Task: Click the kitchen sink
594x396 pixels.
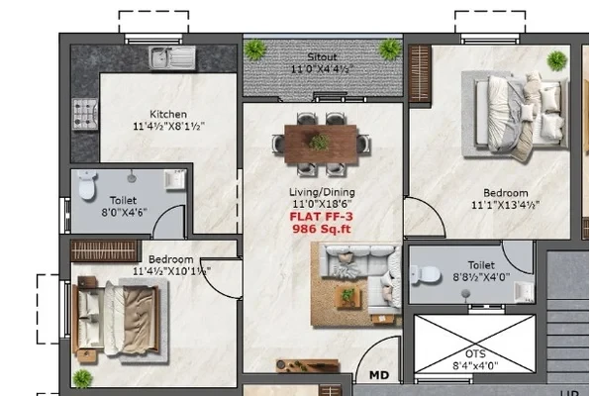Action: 172,58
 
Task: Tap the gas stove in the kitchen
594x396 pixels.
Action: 85,114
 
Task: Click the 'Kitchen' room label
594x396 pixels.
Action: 168,114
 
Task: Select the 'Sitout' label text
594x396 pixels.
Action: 322,57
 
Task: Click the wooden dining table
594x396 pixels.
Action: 321,145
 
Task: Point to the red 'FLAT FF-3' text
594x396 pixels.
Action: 321,217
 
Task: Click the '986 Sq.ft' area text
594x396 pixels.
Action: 321,229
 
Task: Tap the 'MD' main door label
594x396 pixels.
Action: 379,375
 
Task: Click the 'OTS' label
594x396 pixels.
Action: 475,354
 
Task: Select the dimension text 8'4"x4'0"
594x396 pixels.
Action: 475,366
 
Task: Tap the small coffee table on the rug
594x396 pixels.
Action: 348,296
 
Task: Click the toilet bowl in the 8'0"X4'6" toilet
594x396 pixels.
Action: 87,186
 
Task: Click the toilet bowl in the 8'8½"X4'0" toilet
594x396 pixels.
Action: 427,274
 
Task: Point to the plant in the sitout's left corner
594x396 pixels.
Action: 255,49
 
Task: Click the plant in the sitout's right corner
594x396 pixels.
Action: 390,49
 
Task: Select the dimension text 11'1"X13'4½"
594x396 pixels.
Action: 505,205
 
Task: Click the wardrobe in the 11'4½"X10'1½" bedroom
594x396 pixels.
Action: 103,250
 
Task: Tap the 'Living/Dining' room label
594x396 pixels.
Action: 322,192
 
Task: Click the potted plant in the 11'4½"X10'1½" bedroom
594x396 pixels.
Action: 82,378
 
